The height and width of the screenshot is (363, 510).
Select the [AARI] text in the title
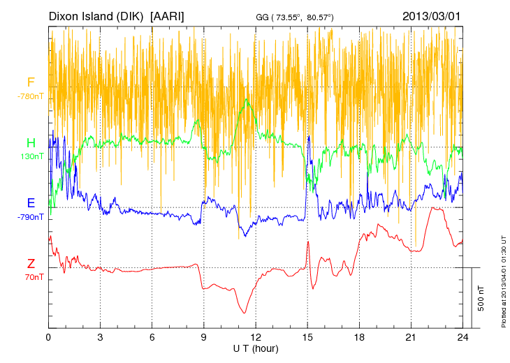click(x=168, y=16)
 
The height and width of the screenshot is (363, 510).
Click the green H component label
click(x=31, y=143)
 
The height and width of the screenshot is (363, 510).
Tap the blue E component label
click(x=31, y=204)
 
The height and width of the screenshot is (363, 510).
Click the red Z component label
click(x=31, y=264)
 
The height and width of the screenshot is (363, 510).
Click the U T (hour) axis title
click(x=256, y=348)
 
